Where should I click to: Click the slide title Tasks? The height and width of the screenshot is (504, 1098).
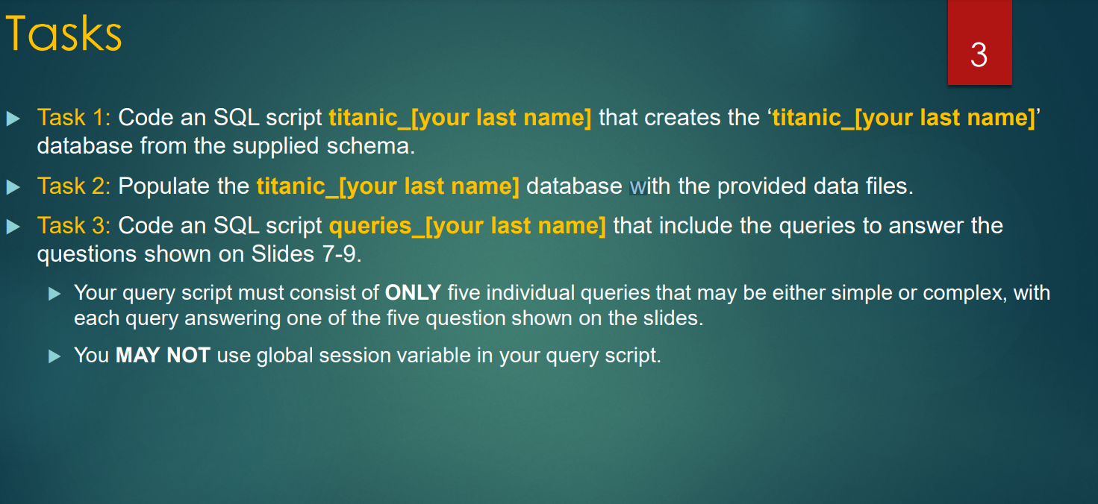click(x=63, y=34)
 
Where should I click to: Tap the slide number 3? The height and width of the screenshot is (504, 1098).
click(x=979, y=55)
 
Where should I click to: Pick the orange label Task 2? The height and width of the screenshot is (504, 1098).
click(x=74, y=186)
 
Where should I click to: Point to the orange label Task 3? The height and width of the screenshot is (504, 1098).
click(x=74, y=225)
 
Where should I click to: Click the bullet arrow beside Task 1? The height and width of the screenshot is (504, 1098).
click(x=13, y=119)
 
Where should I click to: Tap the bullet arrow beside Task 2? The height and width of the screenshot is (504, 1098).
click(x=13, y=186)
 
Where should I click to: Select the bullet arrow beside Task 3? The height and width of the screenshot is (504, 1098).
click(x=13, y=226)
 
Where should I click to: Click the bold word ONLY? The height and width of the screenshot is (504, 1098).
click(x=413, y=292)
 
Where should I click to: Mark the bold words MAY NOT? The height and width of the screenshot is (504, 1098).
click(x=163, y=355)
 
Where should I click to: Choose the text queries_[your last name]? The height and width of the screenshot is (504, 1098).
click(x=467, y=225)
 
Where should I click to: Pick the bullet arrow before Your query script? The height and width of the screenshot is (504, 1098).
click(x=54, y=293)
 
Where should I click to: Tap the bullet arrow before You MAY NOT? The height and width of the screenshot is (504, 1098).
click(x=54, y=356)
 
